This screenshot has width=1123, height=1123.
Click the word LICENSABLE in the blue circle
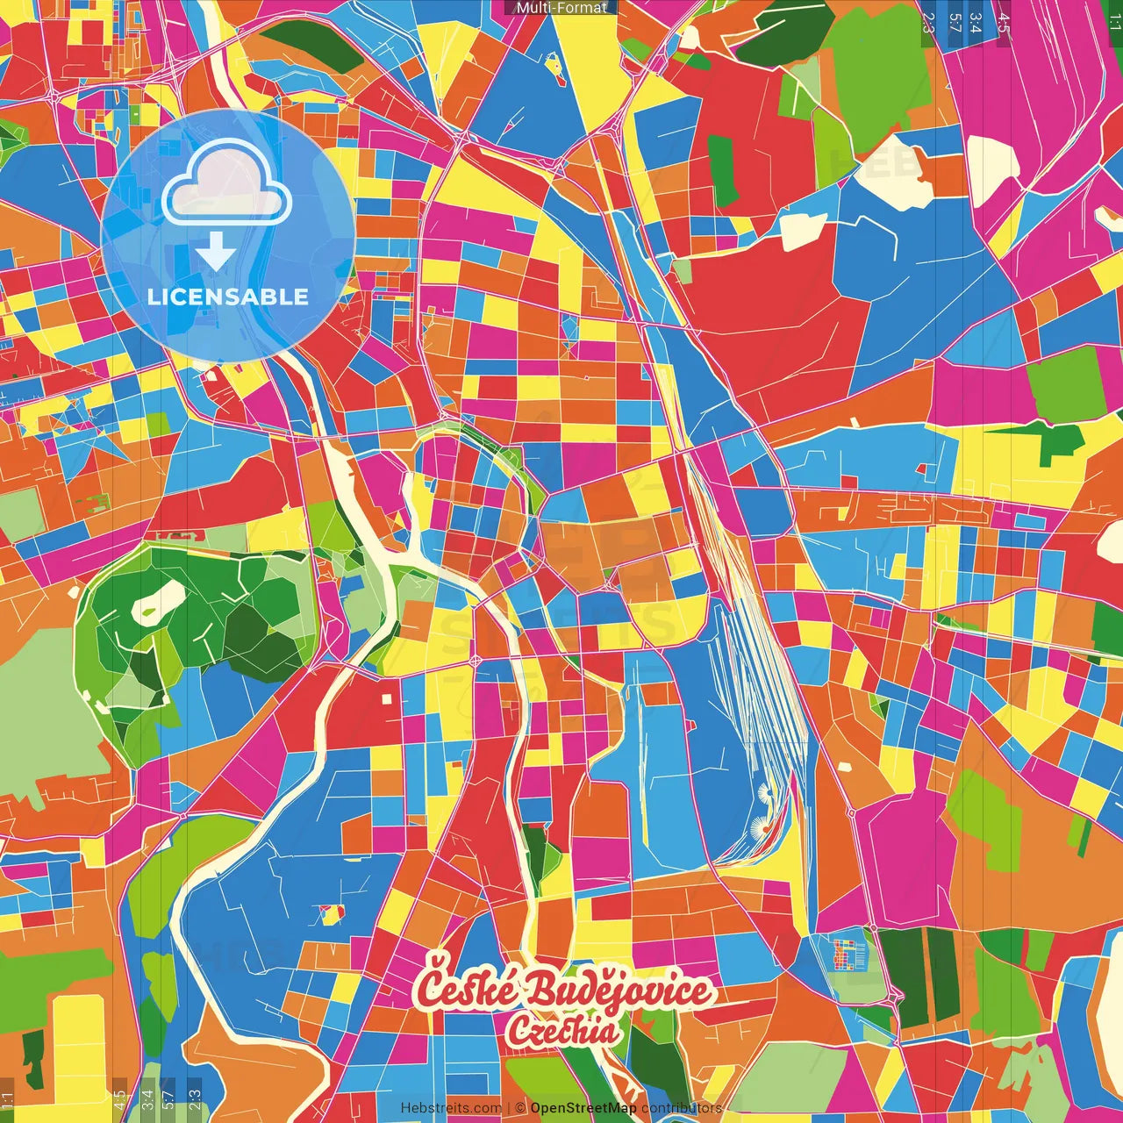[228, 297]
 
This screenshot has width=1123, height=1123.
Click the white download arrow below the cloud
[216, 252]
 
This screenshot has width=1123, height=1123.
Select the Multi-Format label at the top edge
[561, 8]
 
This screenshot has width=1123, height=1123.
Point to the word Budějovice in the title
[619, 991]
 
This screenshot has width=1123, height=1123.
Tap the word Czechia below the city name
[561, 1031]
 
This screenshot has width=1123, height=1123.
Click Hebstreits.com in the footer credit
[451, 1108]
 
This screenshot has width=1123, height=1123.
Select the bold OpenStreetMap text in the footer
[583, 1108]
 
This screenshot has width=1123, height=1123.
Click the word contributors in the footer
[682, 1108]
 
